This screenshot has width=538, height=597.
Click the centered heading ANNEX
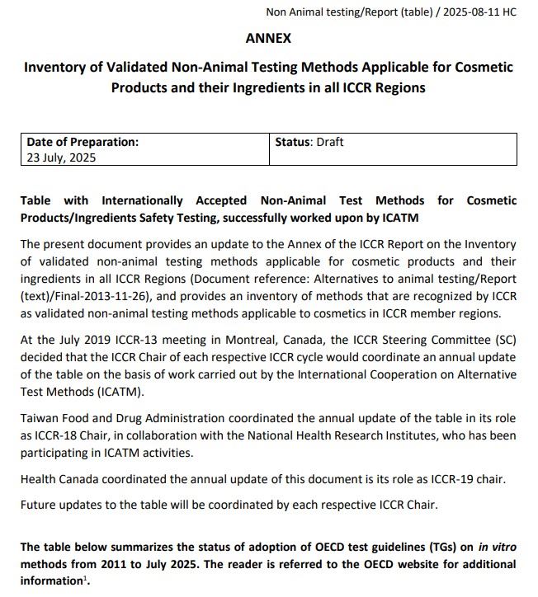(x=268, y=38)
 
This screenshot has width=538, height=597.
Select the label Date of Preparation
(x=83, y=142)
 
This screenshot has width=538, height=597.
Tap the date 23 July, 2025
(x=61, y=157)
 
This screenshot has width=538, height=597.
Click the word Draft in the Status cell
(x=329, y=142)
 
